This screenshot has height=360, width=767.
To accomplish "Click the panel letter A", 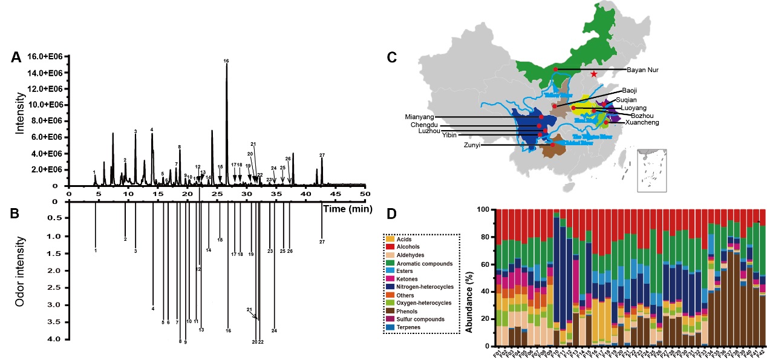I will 16,57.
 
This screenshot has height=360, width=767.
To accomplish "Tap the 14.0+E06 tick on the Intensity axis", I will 47,73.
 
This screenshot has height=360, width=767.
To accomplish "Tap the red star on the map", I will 594,74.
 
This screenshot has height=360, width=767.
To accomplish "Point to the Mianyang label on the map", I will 419,116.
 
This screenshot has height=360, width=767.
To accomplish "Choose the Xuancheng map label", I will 641,122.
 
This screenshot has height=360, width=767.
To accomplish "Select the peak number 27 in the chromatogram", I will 322,155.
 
